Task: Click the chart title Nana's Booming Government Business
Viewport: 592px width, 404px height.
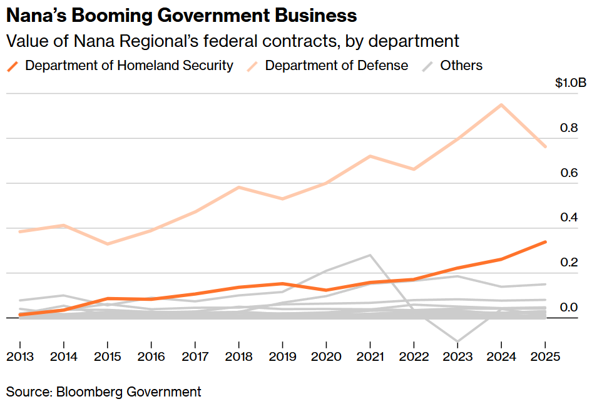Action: point(181,15)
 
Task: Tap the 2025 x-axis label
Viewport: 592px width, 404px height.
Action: point(544,356)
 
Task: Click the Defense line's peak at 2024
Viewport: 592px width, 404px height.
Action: point(501,104)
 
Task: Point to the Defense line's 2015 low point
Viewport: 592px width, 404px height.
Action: point(107,244)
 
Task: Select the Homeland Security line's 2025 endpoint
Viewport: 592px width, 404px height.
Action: point(545,241)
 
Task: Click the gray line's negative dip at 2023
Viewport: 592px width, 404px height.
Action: point(457,341)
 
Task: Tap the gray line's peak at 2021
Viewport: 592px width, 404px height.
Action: point(370,255)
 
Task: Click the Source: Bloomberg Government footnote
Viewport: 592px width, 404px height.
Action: point(104,392)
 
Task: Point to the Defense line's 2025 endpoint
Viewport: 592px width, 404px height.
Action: point(545,147)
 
